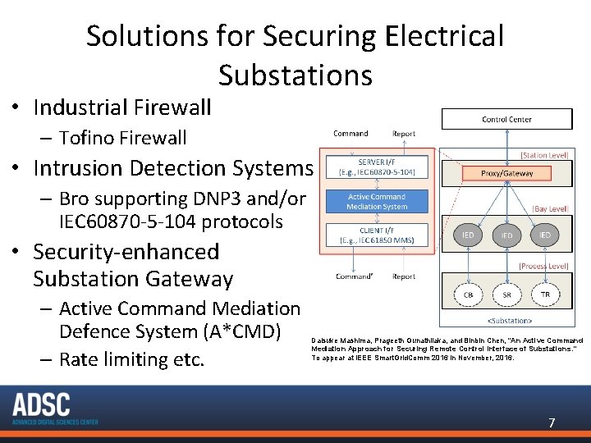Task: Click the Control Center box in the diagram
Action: tap(506, 120)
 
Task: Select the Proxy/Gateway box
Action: tap(506, 173)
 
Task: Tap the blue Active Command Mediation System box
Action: tap(377, 202)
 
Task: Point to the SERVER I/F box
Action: tap(377, 167)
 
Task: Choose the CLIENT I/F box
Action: tap(377, 235)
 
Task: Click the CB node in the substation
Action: tap(468, 294)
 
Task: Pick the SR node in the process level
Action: tap(507, 294)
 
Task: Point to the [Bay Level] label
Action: tap(550, 209)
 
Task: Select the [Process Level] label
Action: tap(544, 266)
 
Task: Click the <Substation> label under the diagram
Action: tap(510, 321)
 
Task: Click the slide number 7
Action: tap(552, 423)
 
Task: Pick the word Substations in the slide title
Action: tap(295, 75)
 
